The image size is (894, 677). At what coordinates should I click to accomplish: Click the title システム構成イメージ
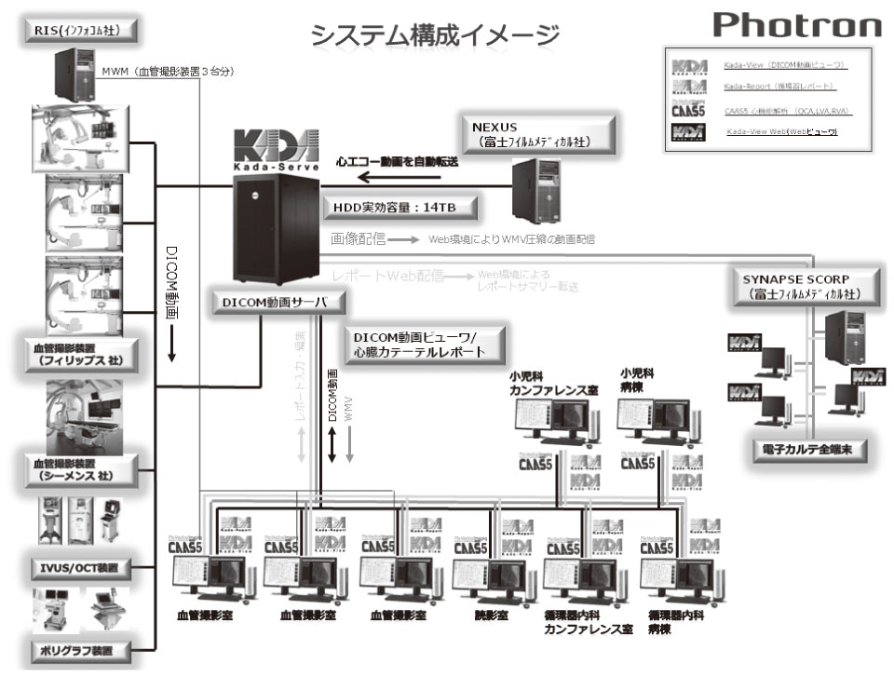tap(435, 34)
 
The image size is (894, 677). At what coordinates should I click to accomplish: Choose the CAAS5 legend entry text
tap(787, 111)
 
